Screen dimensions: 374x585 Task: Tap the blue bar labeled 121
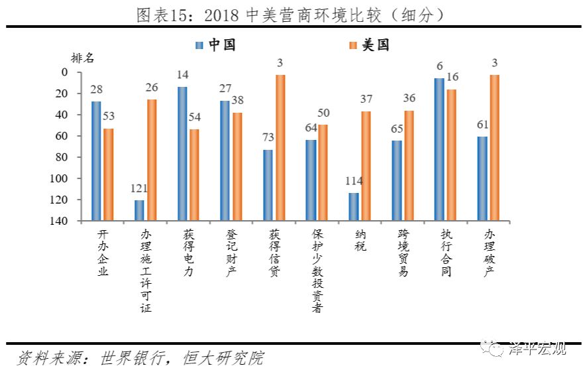pyautogui.click(x=139, y=210)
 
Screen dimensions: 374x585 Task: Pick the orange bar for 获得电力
pyautogui.click(x=194, y=174)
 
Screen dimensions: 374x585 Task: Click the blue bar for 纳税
pyautogui.click(x=354, y=207)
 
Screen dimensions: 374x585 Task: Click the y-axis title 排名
pyautogui.click(x=82, y=58)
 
